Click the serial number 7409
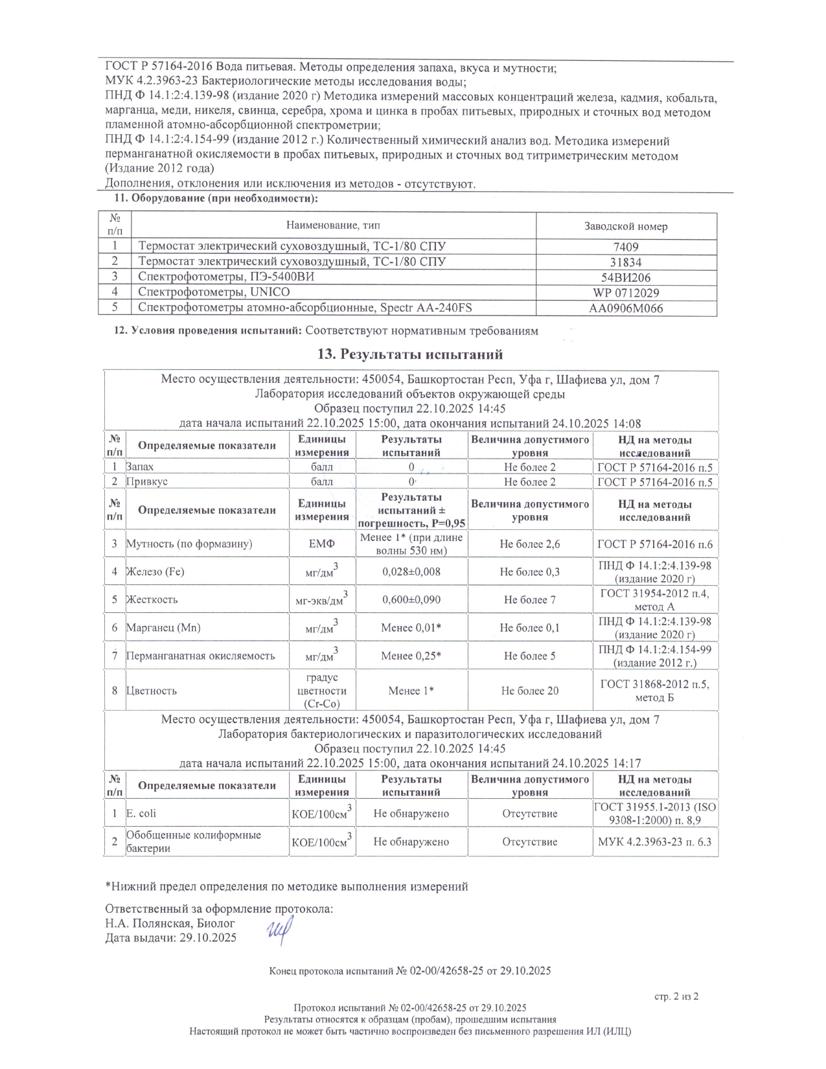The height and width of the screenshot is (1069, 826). (626, 247)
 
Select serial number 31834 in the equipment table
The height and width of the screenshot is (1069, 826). (626, 262)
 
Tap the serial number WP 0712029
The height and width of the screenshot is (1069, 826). (626, 293)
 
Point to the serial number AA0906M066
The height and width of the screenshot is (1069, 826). (626, 308)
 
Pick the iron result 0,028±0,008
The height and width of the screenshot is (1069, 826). (411, 572)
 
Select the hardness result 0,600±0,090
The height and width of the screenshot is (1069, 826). (411, 600)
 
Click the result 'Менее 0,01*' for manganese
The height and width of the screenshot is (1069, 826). (411, 628)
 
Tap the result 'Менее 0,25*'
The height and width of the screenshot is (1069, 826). (411, 656)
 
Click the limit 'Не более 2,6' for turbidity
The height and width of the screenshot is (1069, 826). (530, 544)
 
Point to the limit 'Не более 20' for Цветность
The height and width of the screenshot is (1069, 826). (530, 691)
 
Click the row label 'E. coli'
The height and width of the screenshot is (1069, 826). (141, 814)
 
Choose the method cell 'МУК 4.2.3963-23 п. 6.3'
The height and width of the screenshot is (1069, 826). (655, 842)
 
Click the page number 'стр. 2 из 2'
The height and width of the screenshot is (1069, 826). (676, 996)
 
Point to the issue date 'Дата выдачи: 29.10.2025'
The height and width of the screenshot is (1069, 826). (171, 937)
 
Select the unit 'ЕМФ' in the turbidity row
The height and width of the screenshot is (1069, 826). (322, 544)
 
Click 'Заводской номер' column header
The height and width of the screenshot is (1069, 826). (626, 226)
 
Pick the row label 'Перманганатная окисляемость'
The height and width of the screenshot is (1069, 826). (200, 656)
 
